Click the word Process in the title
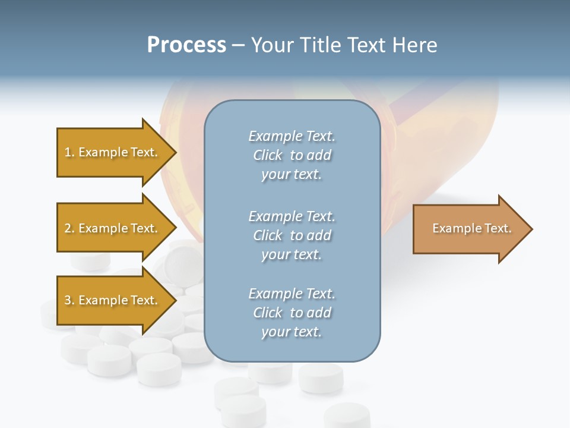point(186,45)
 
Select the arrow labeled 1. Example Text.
point(111,152)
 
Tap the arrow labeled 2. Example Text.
point(111,228)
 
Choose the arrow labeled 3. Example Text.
point(111,300)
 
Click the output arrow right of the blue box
point(469,229)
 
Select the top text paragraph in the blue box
point(292,155)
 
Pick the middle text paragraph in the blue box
point(292,235)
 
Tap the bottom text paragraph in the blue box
point(292,313)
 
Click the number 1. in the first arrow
point(69,153)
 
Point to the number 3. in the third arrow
point(69,301)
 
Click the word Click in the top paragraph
point(268,156)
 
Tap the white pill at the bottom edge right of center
point(347,416)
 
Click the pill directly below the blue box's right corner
point(321,377)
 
